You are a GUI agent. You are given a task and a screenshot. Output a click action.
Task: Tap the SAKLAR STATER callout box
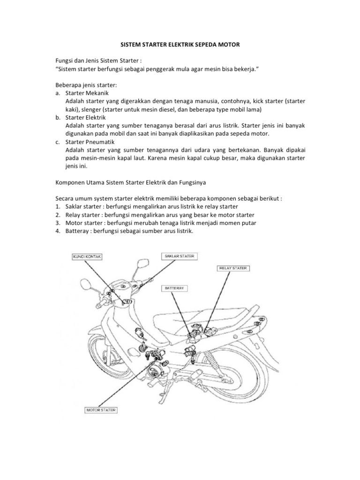tap(180, 256)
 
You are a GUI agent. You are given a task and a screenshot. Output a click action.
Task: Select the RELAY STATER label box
tap(233, 268)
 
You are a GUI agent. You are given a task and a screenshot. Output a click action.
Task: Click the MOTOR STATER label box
tap(101, 410)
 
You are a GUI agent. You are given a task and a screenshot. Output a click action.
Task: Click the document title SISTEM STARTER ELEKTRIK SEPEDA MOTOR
tap(180, 45)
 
